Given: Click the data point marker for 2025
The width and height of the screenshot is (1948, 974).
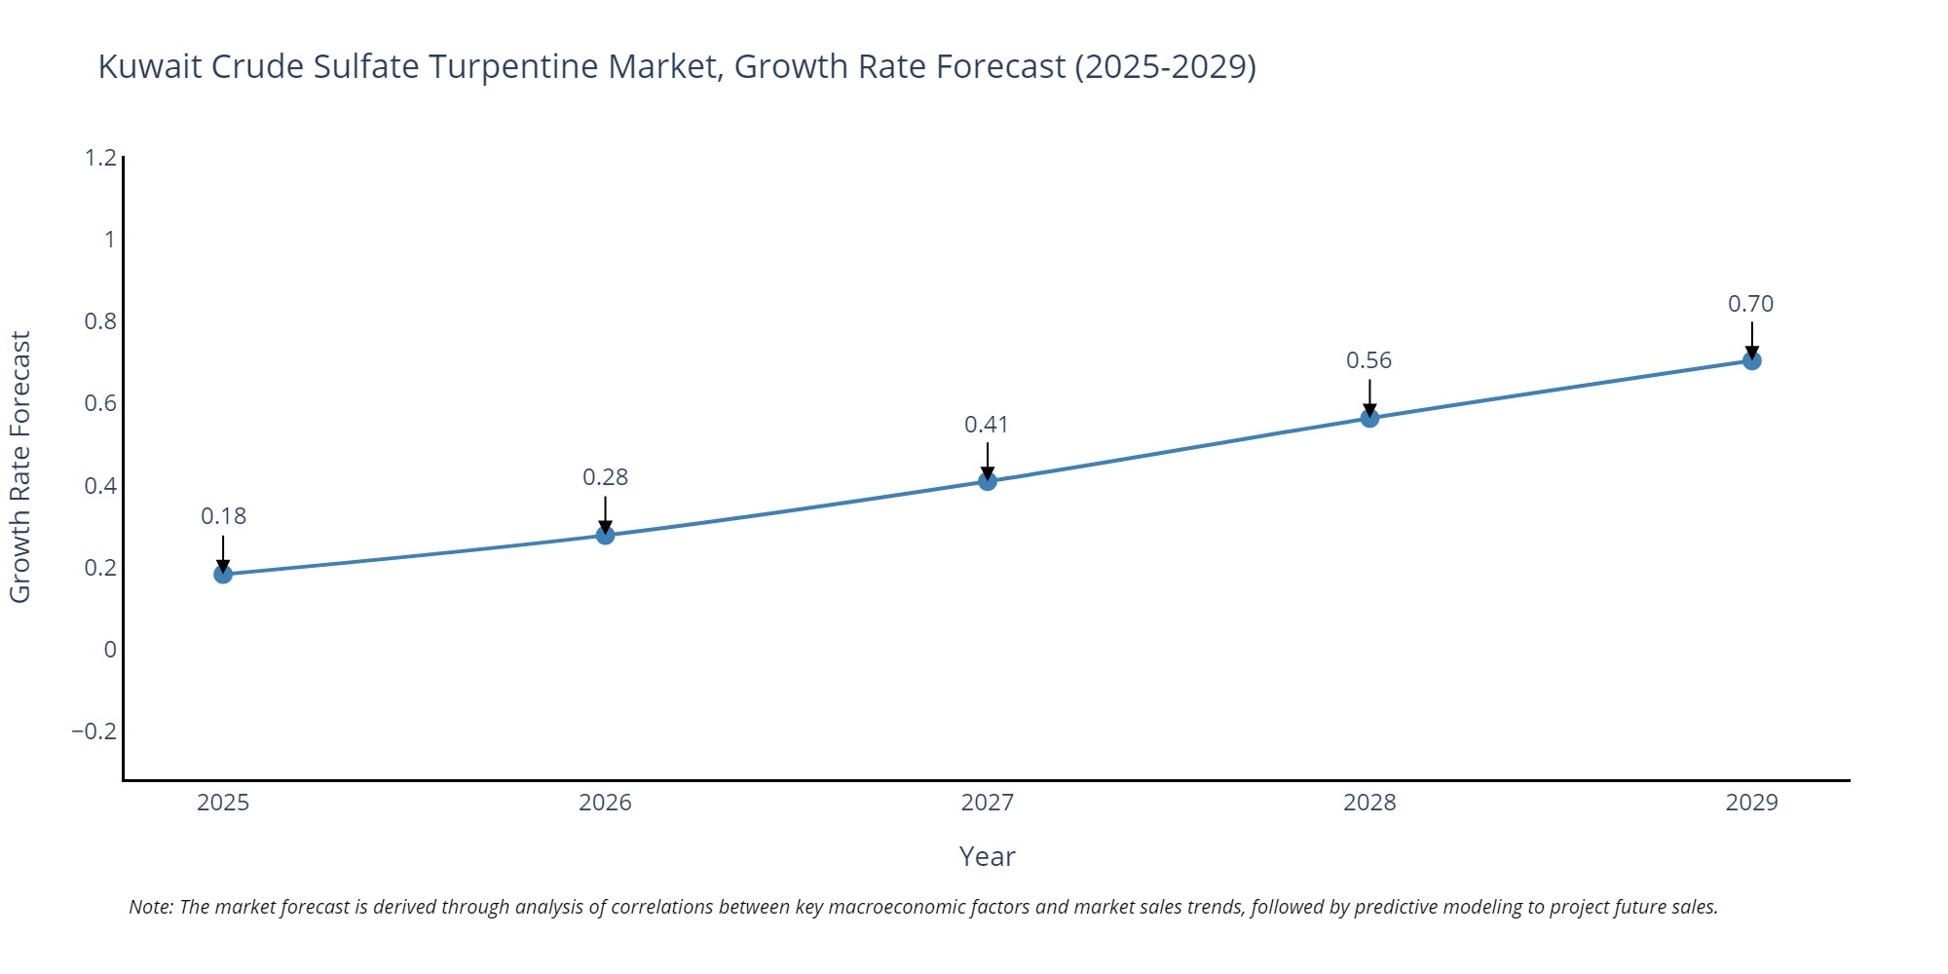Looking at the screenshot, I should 223,574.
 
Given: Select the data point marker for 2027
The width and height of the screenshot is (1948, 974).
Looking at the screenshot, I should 987,481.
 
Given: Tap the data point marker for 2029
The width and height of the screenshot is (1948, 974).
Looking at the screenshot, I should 1751,361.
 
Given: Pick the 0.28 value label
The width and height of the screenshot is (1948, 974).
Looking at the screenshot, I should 605,477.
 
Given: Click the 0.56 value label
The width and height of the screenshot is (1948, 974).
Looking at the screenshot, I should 1368,360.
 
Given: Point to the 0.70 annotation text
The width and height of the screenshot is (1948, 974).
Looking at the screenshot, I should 1750,304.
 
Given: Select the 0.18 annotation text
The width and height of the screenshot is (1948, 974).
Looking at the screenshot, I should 223,516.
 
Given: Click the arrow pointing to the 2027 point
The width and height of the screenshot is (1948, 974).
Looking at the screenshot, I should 987,461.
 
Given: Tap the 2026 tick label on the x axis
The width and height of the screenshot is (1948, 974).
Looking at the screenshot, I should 605,803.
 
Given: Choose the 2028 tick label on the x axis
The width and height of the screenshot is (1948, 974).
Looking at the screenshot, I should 1368,803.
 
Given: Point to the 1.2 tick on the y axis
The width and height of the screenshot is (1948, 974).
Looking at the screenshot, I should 100,158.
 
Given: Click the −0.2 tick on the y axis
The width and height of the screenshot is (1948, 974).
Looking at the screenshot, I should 94,731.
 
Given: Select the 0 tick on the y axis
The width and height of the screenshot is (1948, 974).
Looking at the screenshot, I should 110,650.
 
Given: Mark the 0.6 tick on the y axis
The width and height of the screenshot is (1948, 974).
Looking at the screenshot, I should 100,403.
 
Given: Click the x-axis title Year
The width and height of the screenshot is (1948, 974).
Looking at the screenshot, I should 987,857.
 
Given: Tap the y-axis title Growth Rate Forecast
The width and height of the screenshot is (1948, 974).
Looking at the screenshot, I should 20,468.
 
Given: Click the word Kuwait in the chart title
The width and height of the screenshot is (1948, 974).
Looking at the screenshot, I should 150,67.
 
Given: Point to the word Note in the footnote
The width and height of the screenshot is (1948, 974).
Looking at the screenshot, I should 150,907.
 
